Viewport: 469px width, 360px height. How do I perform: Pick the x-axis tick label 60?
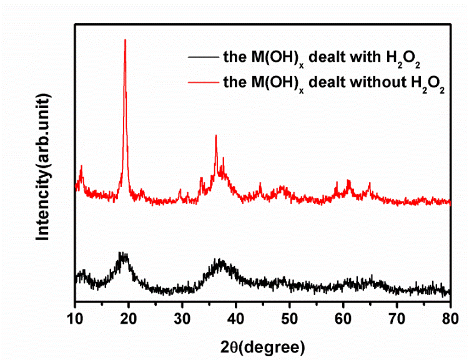pyautogui.click(x=343, y=317)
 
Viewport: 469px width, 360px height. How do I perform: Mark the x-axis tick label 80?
pyautogui.click(x=450, y=317)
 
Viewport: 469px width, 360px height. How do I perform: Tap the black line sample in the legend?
pyautogui.click(x=202, y=57)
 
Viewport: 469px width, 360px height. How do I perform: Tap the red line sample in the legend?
pyautogui.click(x=202, y=82)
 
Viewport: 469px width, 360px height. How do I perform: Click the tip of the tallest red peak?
pyautogui.click(x=126, y=41)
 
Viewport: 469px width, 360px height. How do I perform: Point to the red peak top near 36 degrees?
pyautogui.click(x=216, y=136)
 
